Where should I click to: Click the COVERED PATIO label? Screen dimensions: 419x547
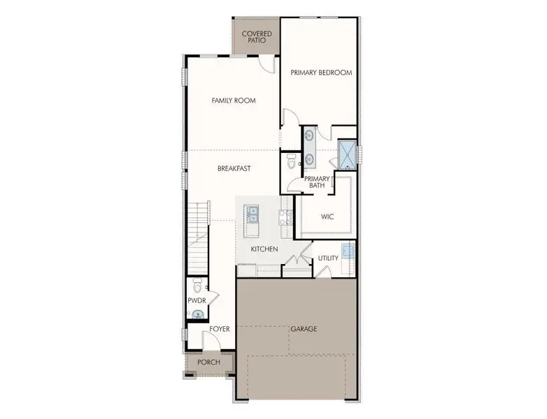pos(257,36)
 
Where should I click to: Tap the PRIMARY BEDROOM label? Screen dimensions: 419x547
pos(321,72)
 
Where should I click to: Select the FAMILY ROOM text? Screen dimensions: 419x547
pos(234,101)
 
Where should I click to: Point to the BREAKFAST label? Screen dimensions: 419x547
pos(234,168)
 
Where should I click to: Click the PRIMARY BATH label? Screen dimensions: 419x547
pos(316,182)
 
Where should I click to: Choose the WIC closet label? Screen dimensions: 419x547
pos(327,216)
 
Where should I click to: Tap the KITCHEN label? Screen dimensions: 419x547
pos(265,249)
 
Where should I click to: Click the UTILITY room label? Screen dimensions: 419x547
pos(328,258)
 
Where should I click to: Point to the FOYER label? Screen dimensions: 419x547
pos(219,328)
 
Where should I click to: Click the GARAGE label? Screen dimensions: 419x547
pos(304,328)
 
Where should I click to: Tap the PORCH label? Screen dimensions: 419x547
pos(208,362)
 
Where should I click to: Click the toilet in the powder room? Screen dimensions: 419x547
pos(197,286)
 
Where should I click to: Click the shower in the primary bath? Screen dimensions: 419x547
pos(347,153)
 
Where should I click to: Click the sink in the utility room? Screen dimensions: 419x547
pos(348,251)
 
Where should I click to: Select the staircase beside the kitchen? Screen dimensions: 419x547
pos(199,237)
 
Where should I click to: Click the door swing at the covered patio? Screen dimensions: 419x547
pos(266,64)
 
